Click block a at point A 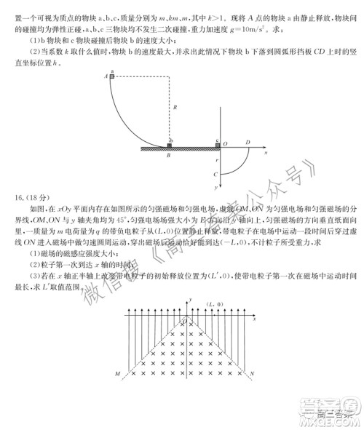(112, 75)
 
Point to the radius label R (175, 108)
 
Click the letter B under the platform (168, 155)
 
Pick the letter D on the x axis (248, 143)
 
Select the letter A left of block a (106, 75)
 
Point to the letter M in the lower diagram (116, 374)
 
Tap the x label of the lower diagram (254, 319)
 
